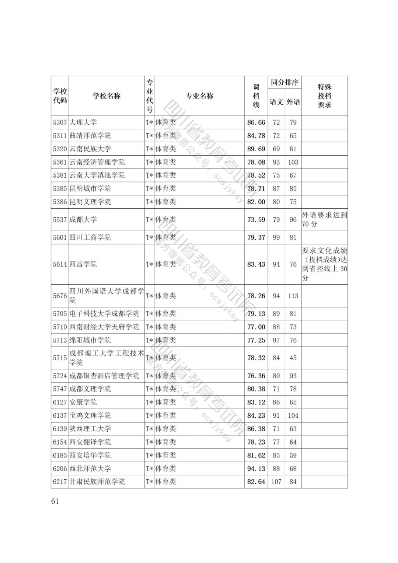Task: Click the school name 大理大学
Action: [83, 122]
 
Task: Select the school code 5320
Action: [60, 149]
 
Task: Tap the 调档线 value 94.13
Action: [256, 469]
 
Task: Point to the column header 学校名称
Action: [107, 96]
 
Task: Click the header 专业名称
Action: [199, 96]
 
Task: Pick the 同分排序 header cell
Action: [284, 83]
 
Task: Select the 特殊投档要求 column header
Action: [324, 96]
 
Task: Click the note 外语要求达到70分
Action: [324, 219]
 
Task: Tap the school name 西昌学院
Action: [83, 264]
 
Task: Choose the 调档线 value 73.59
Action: [256, 220]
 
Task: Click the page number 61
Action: [55, 501]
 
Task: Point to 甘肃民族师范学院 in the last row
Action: [97, 482]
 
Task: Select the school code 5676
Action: [60, 296]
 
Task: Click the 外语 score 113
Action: [293, 296]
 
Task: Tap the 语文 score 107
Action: [276, 482]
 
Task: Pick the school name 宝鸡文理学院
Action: [90, 416]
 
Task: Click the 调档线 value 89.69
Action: [256, 149]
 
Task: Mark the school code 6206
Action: [60, 469]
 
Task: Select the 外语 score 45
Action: [293, 358]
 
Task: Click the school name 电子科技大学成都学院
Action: [104, 314]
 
